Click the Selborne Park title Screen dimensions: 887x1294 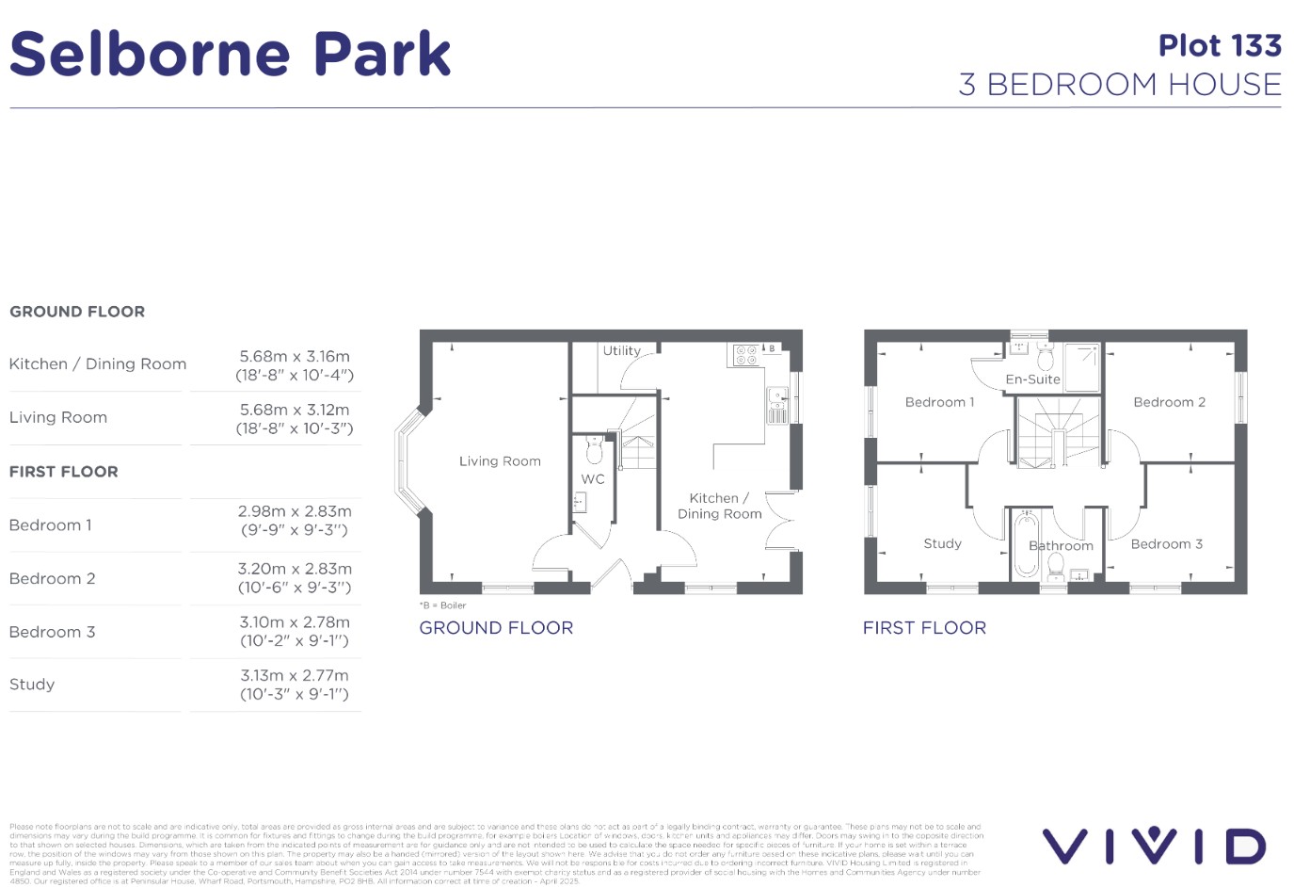pyautogui.click(x=231, y=54)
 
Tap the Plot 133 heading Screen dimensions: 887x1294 pyautogui.click(x=1220, y=45)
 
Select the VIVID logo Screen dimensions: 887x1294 pyautogui.click(x=1154, y=846)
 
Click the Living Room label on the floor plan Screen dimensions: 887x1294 pyautogui.click(x=500, y=461)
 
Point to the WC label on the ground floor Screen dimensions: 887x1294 pyautogui.click(x=593, y=479)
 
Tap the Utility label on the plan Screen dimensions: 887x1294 pyautogui.click(x=621, y=350)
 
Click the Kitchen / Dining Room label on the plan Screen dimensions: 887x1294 pyautogui.click(x=720, y=506)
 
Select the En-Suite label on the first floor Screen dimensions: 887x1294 pyautogui.click(x=1032, y=379)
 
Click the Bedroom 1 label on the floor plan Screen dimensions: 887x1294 pyautogui.click(x=939, y=402)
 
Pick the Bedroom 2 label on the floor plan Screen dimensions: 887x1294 pyautogui.click(x=1169, y=402)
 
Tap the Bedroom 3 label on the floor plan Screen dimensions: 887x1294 pyautogui.click(x=1166, y=544)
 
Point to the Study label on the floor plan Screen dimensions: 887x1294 pyautogui.click(x=942, y=544)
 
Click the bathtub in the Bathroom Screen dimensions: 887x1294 pyautogui.click(x=1024, y=545)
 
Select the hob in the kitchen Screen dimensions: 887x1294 pyautogui.click(x=746, y=355)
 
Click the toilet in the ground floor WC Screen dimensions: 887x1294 pyautogui.click(x=594, y=451)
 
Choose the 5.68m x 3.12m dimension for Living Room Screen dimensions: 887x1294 pyautogui.click(x=295, y=419)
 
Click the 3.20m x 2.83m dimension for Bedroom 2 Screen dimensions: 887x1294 pyautogui.click(x=295, y=578)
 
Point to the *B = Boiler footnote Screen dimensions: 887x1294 pyautogui.click(x=442, y=605)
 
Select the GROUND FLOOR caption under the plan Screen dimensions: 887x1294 pyautogui.click(x=496, y=628)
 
